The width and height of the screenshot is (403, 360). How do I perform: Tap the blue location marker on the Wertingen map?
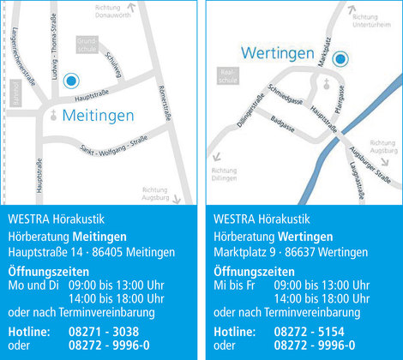(x=340, y=59)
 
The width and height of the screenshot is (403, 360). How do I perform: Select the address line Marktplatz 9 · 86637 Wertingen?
(x=291, y=252)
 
